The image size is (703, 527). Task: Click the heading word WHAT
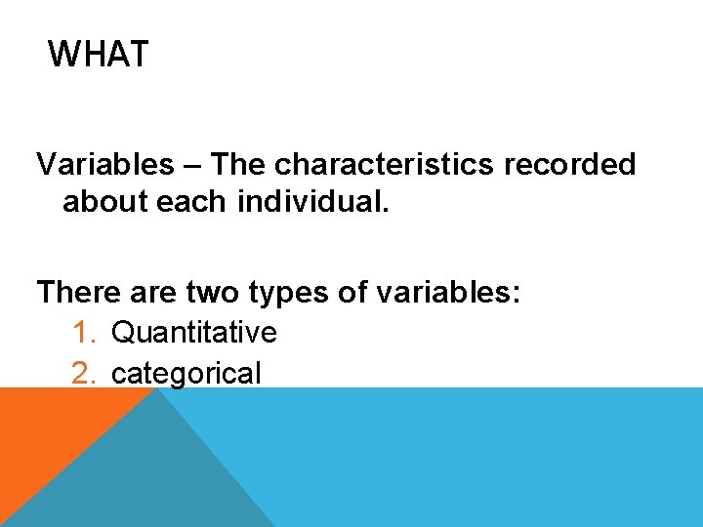tap(98, 54)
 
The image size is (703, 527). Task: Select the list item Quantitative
tap(194, 333)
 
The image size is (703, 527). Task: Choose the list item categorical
tap(186, 373)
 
